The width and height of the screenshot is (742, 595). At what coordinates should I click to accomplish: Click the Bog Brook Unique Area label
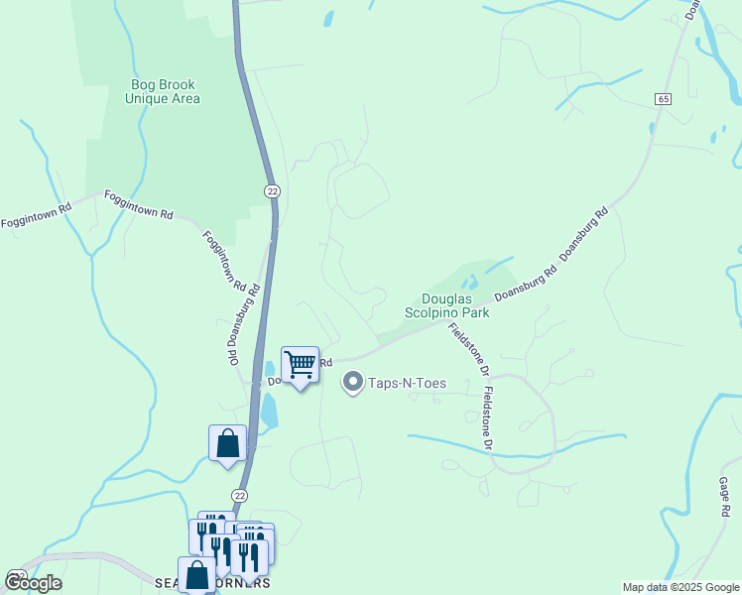point(164,91)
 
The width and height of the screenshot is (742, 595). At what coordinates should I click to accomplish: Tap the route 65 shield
point(663,99)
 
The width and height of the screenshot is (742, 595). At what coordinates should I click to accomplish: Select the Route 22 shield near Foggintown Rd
point(271,190)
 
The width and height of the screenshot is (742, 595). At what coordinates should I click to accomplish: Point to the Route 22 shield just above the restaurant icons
point(238,495)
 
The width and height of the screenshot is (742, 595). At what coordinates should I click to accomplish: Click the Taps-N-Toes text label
point(408,382)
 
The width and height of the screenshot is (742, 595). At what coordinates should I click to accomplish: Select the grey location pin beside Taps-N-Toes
point(352,382)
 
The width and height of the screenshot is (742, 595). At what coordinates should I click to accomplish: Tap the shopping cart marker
point(300,366)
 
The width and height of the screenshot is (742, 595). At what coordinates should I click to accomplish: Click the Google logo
point(33,582)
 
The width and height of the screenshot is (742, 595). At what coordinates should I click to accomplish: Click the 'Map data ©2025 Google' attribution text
point(680,587)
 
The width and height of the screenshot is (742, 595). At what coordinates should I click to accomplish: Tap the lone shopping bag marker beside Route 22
point(227,443)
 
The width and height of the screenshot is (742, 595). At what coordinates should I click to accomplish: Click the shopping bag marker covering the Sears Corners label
point(198,574)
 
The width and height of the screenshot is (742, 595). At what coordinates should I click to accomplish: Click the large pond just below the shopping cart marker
point(269,410)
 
